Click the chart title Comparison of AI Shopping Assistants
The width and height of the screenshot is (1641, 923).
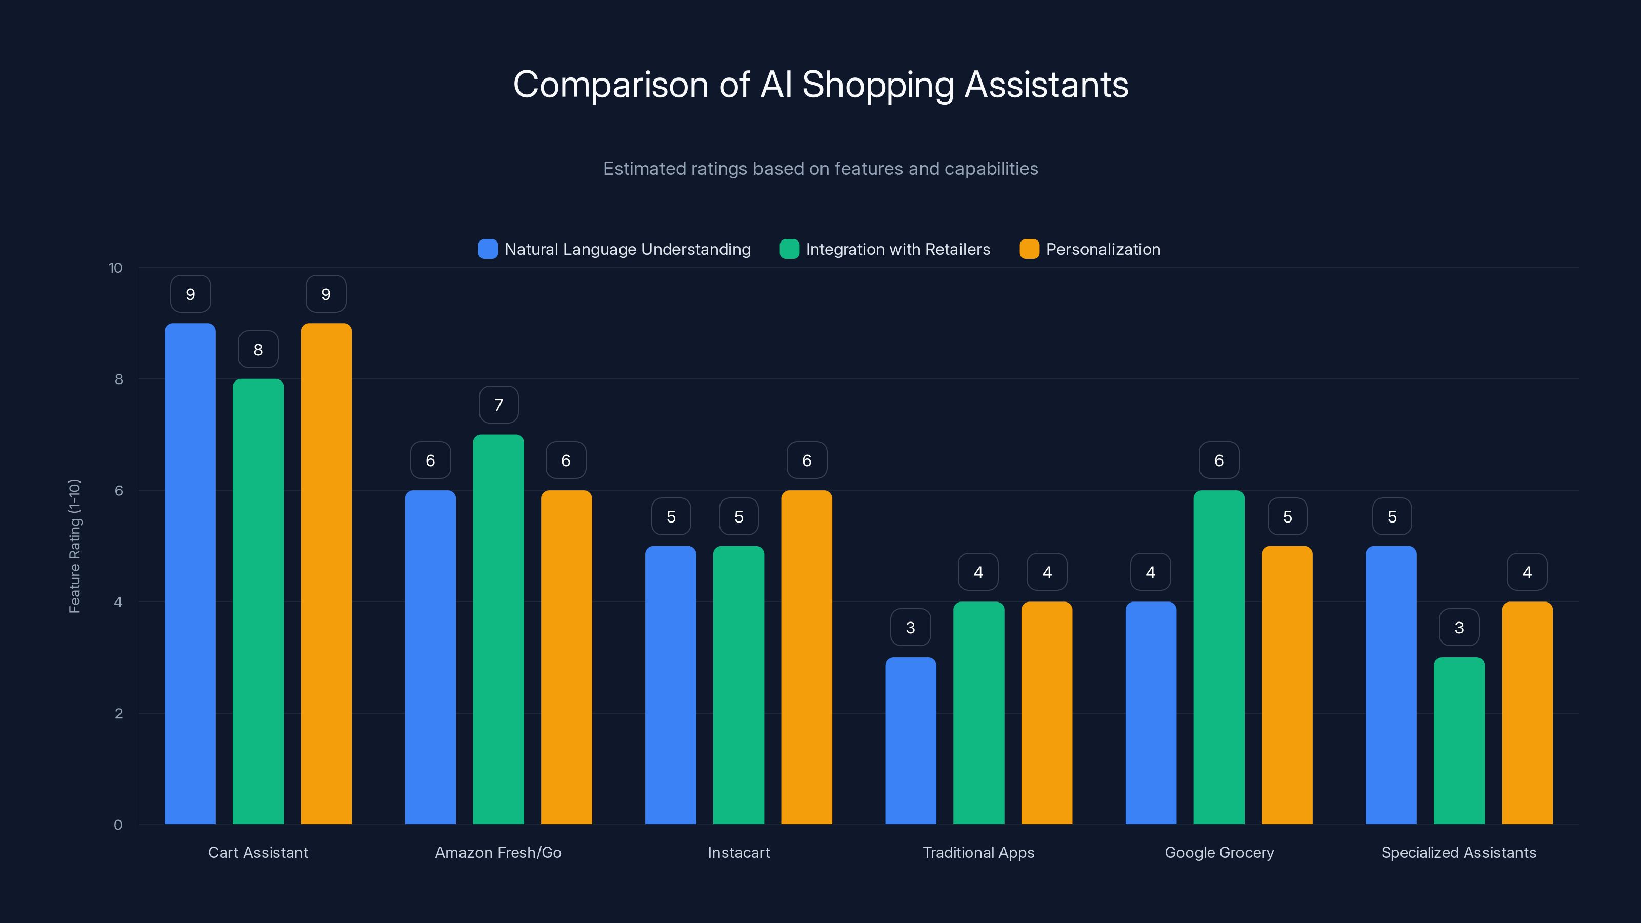click(x=820, y=85)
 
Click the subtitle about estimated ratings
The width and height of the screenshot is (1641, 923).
click(x=820, y=169)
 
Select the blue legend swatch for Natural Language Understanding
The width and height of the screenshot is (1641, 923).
click(x=488, y=249)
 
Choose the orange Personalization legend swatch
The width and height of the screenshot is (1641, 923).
click(x=1029, y=249)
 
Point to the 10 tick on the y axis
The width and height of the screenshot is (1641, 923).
click(x=115, y=268)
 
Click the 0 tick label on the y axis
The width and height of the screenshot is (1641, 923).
click(x=118, y=825)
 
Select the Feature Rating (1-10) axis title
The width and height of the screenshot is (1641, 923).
click(x=74, y=546)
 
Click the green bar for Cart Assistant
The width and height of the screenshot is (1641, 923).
click(x=258, y=602)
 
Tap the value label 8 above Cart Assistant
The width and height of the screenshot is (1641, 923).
click(x=258, y=350)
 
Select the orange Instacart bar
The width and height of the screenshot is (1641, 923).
click(x=807, y=657)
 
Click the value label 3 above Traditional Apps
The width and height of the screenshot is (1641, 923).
click(x=910, y=628)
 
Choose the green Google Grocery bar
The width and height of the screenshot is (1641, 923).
click(x=1218, y=657)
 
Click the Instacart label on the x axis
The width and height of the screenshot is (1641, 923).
click(x=739, y=852)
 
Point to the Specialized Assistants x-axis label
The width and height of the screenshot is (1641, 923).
click(x=1459, y=852)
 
